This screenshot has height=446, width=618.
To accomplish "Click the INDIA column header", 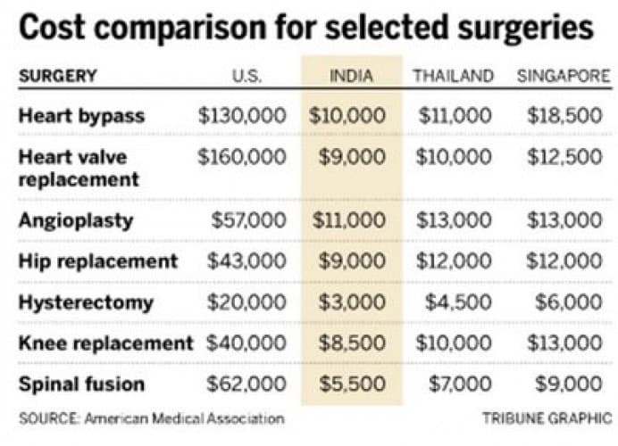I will pyautogui.click(x=352, y=76).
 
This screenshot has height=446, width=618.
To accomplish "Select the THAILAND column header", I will pyautogui.click(x=453, y=76).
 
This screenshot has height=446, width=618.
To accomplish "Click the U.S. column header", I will pyautogui.click(x=246, y=76).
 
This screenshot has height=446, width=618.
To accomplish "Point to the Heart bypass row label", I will pyautogui.click(x=81, y=116).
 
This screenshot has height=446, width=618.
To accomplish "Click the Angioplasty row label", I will pyautogui.click(x=76, y=220).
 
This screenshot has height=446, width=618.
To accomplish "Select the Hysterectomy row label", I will pyautogui.click(x=86, y=302).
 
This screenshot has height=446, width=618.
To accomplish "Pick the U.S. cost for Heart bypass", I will pyautogui.click(x=242, y=116).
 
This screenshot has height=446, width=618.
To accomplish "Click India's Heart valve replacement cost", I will pyautogui.click(x=352, y=157).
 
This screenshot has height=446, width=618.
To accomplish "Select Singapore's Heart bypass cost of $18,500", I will pyautogui.click(x=564, y=116).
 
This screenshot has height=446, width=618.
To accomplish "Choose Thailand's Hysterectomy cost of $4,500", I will pyautogui.click(x=458, y=302).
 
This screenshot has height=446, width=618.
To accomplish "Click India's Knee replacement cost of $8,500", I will pyautogui.click(x=352, y=343).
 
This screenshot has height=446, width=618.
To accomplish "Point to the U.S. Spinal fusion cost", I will pyautogui.click(x=247, y=384).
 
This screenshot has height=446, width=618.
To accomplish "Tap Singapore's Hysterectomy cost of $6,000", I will pyautogui.click(x=569, y=302).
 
